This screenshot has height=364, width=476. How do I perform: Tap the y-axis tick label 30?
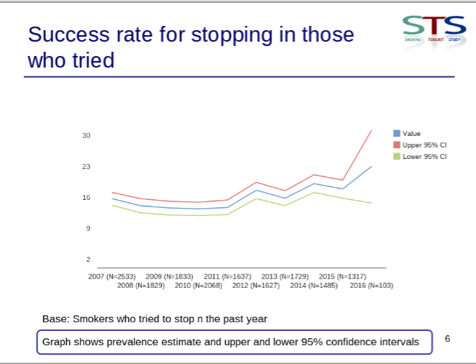86,136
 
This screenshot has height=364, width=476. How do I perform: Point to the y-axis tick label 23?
86,167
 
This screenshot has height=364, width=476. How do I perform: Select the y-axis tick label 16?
86,198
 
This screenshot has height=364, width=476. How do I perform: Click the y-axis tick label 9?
88,229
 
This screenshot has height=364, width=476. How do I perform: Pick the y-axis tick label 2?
88,260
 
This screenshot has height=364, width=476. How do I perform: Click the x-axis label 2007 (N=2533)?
112,276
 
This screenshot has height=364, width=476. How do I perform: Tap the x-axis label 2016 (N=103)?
371,286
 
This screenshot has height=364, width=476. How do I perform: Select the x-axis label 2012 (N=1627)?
256,286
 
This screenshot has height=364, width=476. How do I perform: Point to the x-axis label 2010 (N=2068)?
199,286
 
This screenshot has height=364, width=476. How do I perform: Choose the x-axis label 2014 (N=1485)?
314,286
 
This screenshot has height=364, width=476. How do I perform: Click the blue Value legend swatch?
397,133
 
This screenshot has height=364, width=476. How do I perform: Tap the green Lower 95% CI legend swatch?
397,156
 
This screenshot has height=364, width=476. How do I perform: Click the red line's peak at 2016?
372,130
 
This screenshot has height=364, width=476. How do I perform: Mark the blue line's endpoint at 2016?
372,166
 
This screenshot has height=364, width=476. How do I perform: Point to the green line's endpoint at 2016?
372,203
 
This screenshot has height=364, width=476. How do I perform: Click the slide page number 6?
448,338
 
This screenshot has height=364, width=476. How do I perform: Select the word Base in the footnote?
55,318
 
